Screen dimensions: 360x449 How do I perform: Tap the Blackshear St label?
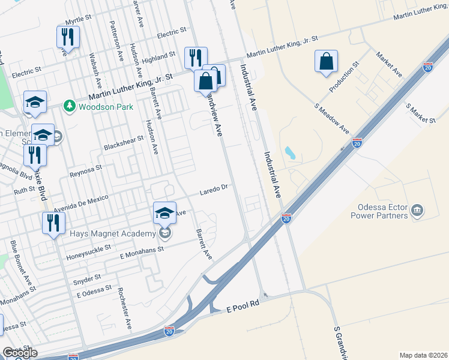[124, 142]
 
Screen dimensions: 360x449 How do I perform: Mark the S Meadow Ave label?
[332, 119]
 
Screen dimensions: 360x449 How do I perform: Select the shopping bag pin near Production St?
[326, 61]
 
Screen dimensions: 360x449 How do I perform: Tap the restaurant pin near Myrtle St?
[68, 37]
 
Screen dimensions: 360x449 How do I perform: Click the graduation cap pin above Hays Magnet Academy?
[165, 212]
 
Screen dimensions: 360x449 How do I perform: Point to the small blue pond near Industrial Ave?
[291, 152]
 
